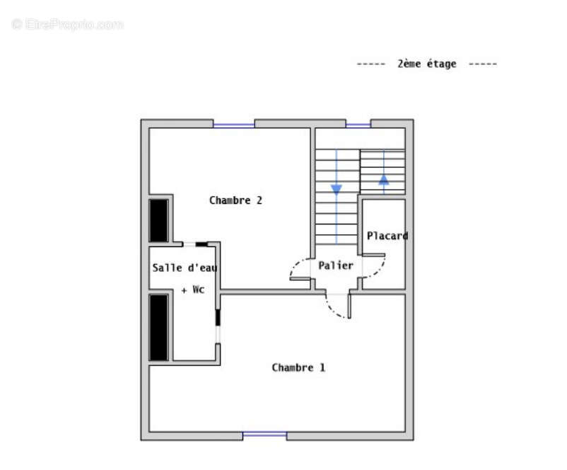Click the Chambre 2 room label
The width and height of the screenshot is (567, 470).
coord(235,200)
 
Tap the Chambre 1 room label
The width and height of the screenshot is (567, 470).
coord(298,367)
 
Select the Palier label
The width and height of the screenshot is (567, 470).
coord(336,265)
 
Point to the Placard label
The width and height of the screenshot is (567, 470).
coord(387,236)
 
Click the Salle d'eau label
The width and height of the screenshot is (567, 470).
coord(185,268)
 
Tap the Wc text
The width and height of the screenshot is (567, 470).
coord(199,290)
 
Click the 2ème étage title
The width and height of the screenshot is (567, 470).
coord(427,64)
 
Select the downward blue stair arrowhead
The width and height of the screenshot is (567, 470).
coord(337,190)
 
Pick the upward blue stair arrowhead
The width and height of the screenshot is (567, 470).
coord(384,180)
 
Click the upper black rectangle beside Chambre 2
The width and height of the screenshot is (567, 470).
coord(159,220)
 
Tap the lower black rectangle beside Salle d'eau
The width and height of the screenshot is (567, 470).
coord(159,328)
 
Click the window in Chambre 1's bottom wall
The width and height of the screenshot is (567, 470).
coord(264,434)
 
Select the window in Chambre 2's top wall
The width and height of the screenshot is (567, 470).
coord(234,125)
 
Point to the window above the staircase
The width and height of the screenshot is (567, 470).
coord(358,125)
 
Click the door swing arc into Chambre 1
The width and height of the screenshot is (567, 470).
coord(334,309)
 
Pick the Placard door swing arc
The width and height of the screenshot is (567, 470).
coord(378,270)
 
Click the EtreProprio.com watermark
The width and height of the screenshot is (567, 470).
coord(67,25)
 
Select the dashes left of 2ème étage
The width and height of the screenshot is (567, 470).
coord(371,64)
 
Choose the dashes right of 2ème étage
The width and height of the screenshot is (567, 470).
coord(483,64)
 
